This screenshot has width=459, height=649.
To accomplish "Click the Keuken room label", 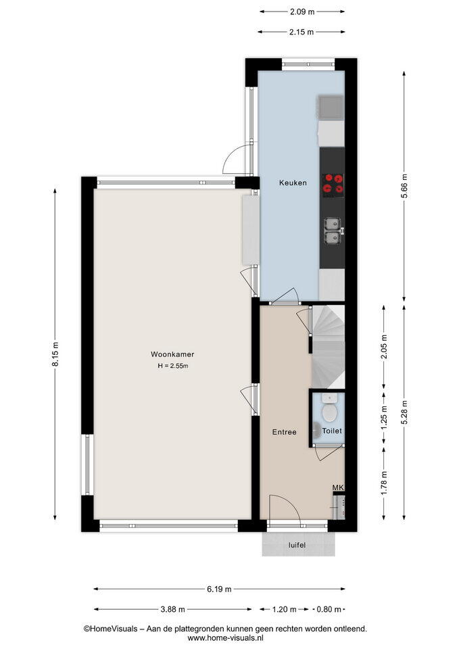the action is (293, 183).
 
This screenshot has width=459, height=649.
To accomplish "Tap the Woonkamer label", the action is (172, 354).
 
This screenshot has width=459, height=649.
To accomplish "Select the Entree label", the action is (285, 432).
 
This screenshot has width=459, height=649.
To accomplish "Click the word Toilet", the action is (332, 431).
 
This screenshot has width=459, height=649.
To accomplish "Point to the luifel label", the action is (297, 546).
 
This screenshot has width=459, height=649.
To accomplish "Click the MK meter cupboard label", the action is (338, 488).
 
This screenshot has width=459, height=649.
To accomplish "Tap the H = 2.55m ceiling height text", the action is (173, 366).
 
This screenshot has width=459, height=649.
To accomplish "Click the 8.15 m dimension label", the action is (55, 354).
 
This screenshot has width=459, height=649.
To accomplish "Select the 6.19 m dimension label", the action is (219, 589).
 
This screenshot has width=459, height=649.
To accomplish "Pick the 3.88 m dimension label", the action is (172, 609).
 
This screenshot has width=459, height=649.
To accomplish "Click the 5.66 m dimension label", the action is (404, 187).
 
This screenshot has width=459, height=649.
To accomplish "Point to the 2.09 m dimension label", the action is (302, 12).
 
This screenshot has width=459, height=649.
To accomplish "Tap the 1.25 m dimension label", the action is (384, 418).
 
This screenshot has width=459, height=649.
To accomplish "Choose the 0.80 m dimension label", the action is (329, 609).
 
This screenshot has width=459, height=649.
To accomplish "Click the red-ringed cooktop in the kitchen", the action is (333, 184).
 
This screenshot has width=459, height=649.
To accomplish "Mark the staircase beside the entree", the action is (329, 347).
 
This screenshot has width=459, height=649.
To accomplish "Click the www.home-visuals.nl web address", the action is (225, 638).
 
